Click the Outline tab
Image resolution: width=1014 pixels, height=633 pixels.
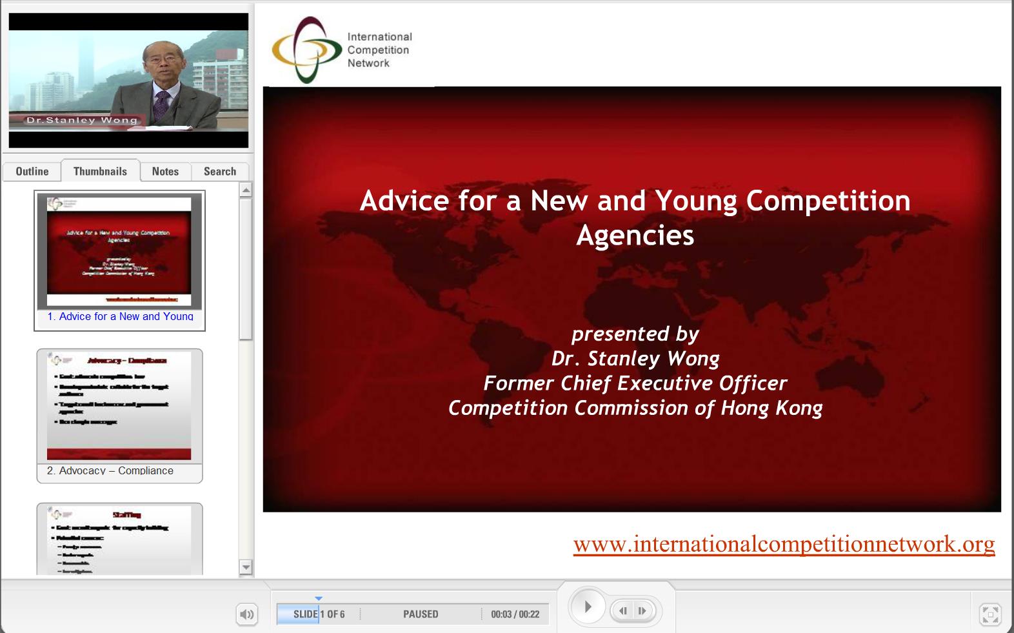32,172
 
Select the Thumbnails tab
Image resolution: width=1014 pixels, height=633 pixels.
100,172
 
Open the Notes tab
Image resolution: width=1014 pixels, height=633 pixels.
165,172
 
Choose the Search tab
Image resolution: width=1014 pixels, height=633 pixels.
220,172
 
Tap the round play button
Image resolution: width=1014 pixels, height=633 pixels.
588,607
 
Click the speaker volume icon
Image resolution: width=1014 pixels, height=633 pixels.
246,614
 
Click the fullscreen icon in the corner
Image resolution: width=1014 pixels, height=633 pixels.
990,614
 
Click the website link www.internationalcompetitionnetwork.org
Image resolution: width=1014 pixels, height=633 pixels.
784,544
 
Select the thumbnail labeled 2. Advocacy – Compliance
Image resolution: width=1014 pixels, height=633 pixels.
119,413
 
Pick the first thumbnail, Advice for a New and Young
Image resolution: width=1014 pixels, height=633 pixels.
119,258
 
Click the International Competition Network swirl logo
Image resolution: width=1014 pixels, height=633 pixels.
306,50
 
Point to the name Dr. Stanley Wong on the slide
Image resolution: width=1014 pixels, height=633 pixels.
635,359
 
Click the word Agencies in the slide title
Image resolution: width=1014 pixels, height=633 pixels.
635,236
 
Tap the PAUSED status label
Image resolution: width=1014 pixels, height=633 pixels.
421,614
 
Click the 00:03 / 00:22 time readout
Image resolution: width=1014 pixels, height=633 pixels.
515,614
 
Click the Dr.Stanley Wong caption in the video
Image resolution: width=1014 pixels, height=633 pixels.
82,120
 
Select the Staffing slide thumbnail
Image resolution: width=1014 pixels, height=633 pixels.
119,539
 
